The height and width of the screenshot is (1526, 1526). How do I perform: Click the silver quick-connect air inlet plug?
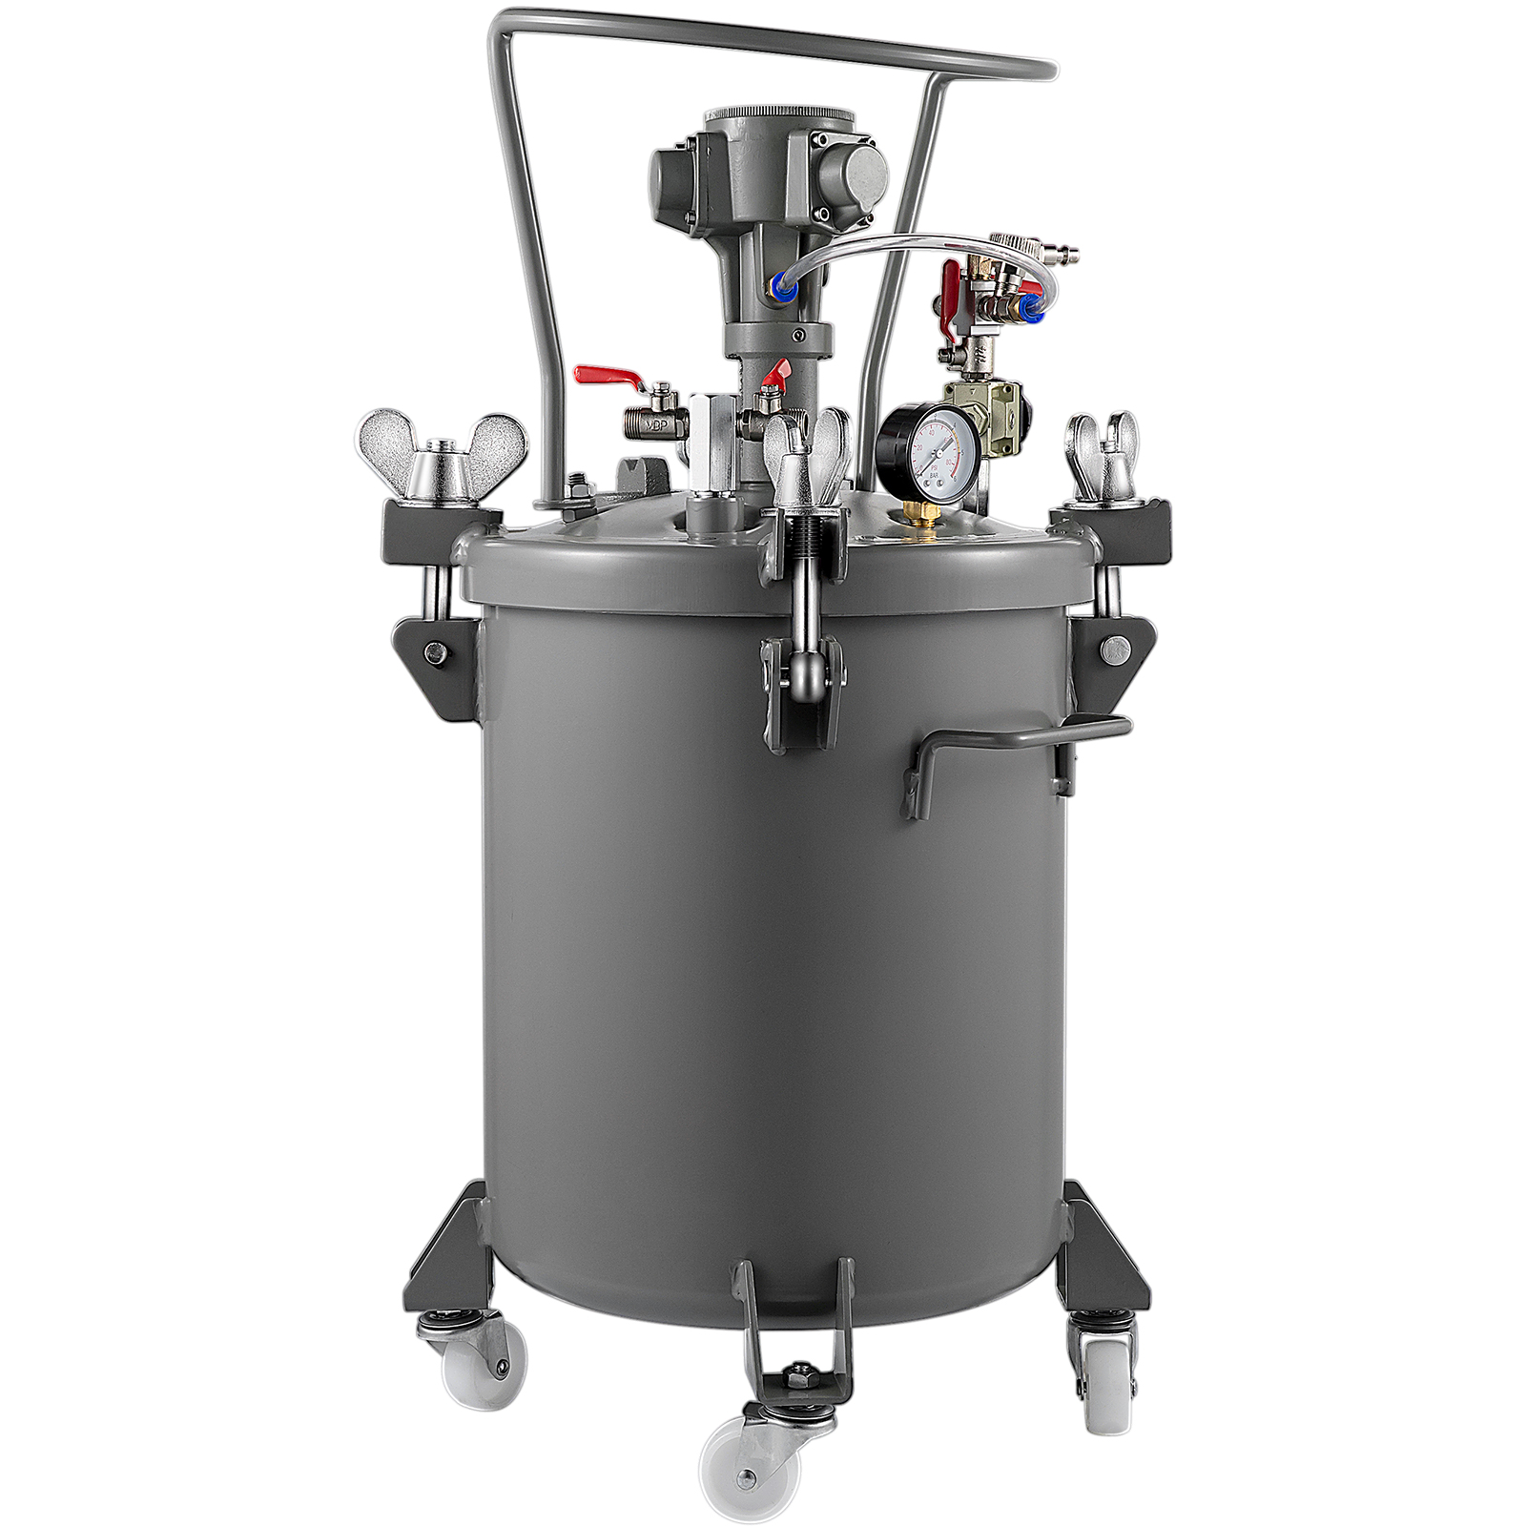click(1060, 253)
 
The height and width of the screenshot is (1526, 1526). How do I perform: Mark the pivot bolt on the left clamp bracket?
click(435, 652)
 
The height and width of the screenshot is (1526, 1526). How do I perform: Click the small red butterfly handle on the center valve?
click(775, 375)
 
